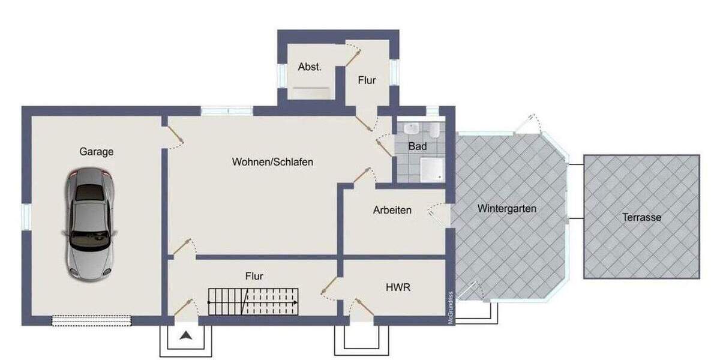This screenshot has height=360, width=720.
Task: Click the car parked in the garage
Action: click(90, 224)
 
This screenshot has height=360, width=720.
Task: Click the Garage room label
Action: click(97, 152)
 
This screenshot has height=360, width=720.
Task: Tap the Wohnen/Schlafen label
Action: click(273, 161)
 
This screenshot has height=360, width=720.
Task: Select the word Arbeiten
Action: click(392, 210)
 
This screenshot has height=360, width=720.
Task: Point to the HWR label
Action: click(398, 287)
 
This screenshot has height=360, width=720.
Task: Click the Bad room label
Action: click(418, 146)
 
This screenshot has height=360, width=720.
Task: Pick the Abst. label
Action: click(310, 67)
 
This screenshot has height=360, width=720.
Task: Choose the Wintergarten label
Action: click(507, 209)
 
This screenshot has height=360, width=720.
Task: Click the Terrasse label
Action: click(641, 218)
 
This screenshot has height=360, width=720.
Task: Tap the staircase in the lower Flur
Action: click(253, 301)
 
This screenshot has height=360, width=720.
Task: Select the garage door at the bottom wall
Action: click(91, 320)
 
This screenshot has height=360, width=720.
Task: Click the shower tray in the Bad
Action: click(431, 169)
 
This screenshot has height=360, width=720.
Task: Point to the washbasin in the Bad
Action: click(412, 128)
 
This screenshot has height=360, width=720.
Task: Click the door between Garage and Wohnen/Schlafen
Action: click(174, 139)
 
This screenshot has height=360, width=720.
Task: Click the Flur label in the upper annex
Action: click(367, 79)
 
